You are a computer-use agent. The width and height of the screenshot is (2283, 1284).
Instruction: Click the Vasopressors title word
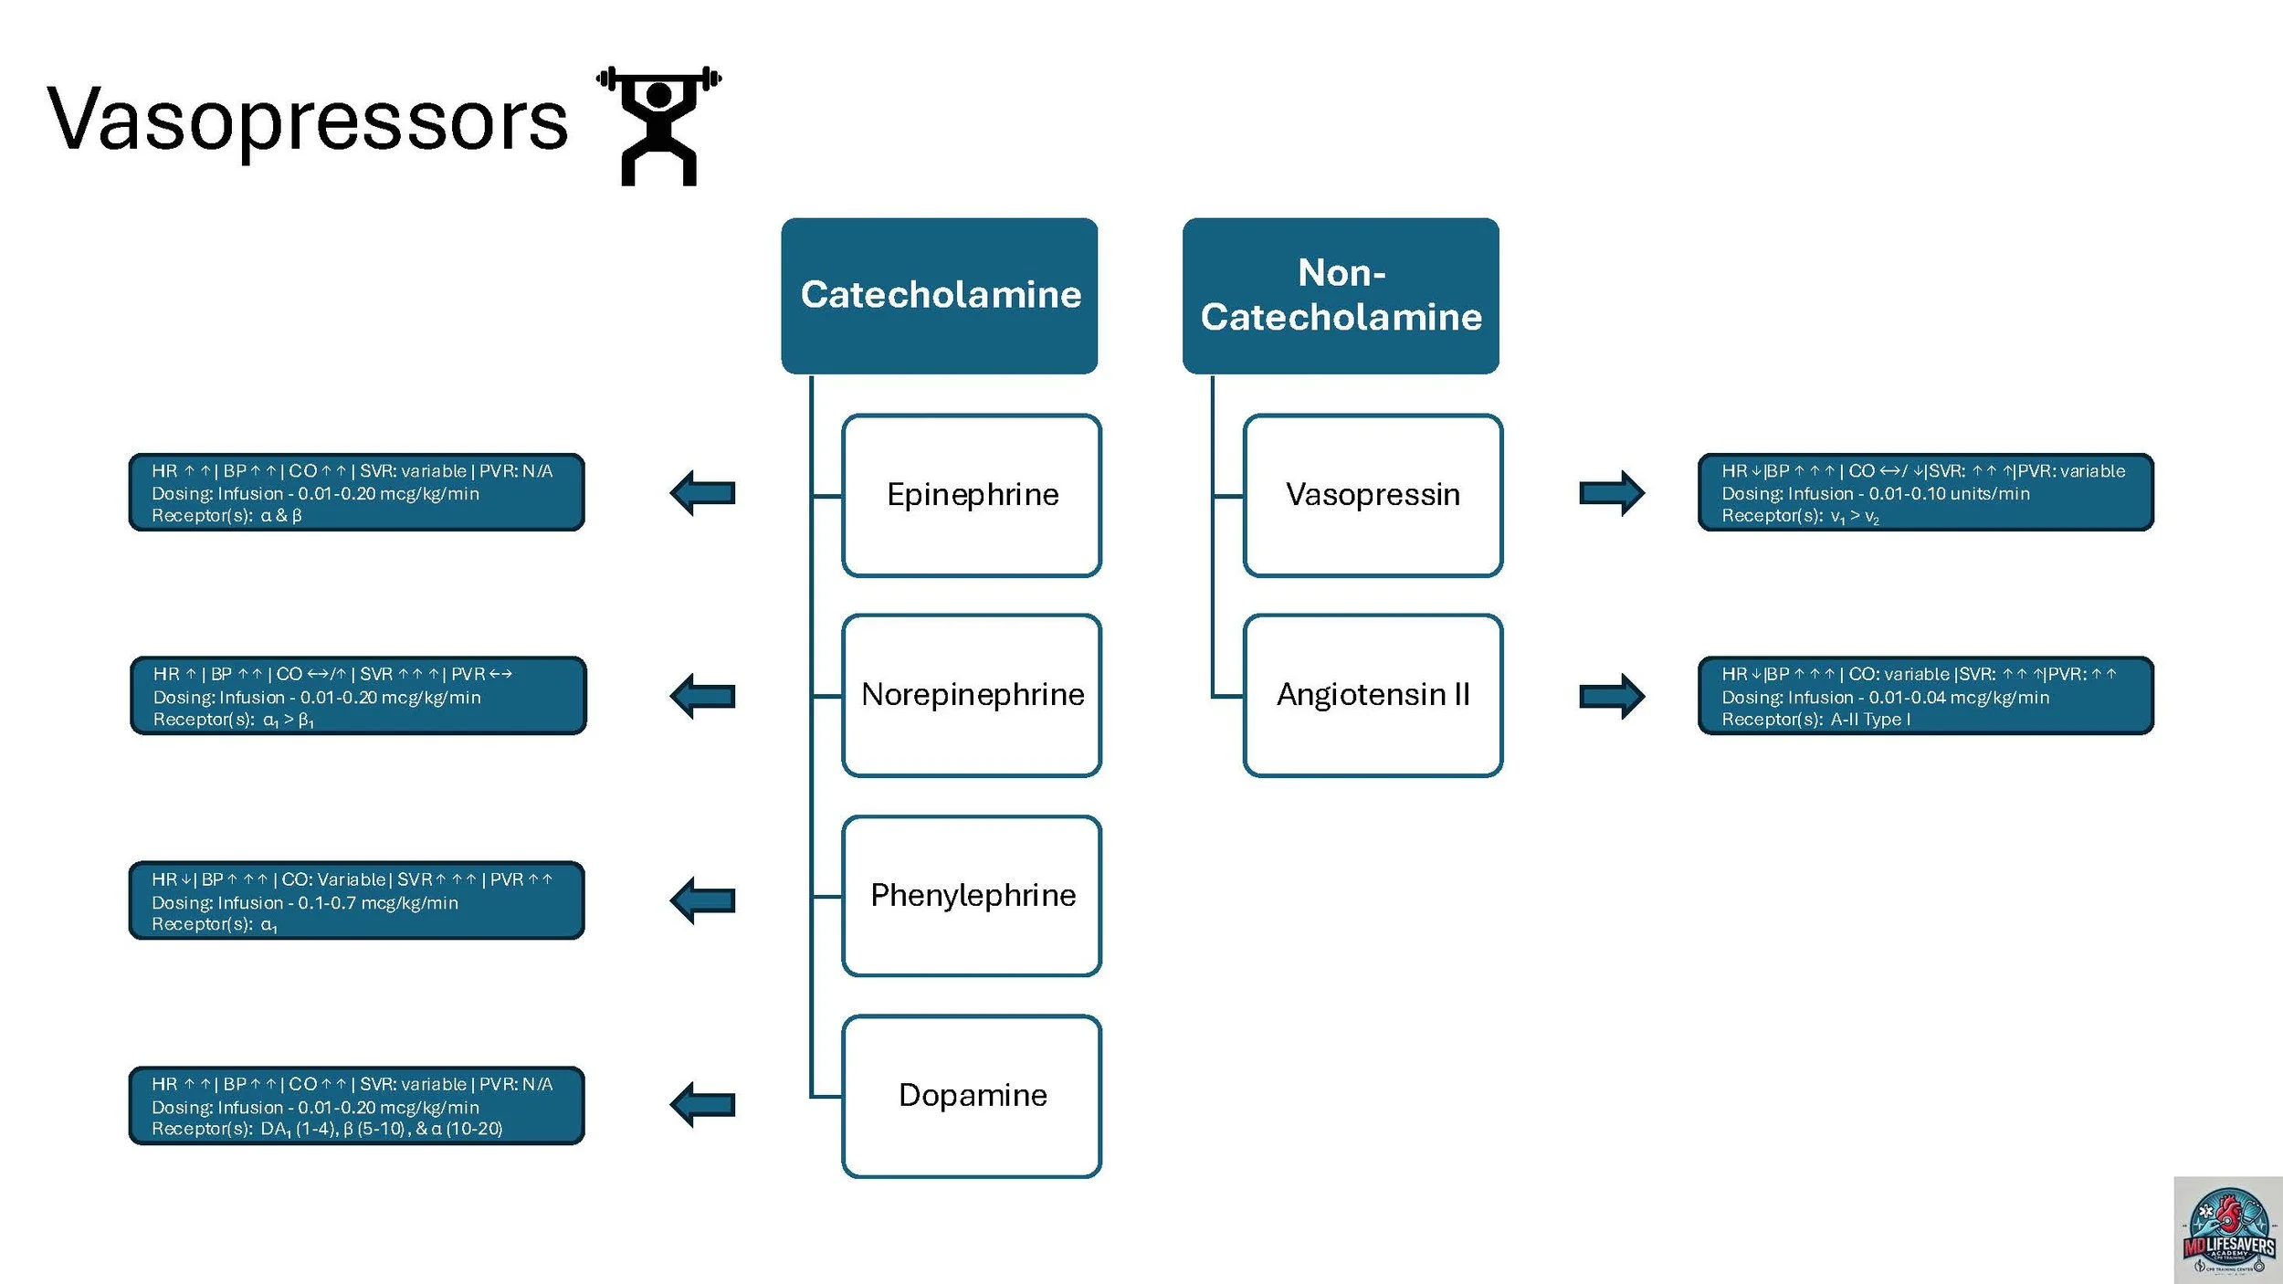307,120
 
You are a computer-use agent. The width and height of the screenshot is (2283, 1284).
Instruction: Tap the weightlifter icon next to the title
658,125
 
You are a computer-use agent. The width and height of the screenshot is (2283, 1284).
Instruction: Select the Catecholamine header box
939,295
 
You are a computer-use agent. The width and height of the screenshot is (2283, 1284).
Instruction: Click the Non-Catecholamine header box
1340,295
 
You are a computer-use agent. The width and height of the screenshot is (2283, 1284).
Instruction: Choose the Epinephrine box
972,495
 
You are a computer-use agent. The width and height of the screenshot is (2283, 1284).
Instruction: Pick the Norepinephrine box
972,695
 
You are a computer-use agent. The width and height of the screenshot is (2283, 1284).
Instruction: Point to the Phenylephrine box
972,896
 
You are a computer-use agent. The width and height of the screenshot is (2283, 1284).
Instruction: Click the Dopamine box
972,1096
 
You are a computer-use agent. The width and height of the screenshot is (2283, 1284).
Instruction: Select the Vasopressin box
1373,495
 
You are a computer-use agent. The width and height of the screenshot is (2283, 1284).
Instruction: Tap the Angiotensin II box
1373,695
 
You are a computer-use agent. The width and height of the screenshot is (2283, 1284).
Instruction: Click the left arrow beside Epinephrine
702,493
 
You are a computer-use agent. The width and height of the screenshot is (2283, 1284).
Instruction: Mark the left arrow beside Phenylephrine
702,900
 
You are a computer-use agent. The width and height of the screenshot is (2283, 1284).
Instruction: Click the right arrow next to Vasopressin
1612,493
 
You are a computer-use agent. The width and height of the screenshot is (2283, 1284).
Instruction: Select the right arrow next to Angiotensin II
1612,697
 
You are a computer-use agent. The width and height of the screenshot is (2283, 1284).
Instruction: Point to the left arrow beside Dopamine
702,1104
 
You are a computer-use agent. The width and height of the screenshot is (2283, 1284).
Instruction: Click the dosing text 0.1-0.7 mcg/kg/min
377,902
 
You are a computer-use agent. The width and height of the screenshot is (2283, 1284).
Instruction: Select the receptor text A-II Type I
1869,720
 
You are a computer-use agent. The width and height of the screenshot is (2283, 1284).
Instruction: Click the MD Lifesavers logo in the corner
2228,1229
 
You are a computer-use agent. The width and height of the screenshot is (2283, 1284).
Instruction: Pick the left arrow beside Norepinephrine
702,697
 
